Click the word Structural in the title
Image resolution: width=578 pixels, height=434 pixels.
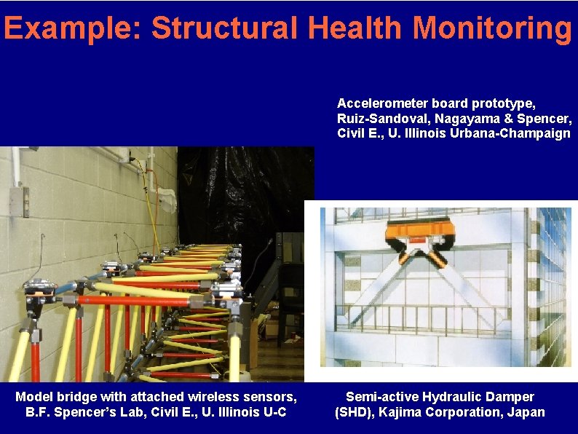tap(224, 28)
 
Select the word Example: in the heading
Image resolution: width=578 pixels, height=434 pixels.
tap(73, 28)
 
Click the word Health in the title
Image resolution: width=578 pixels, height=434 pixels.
tap(354, 28)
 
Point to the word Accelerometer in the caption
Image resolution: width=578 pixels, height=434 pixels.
tap(379, 104)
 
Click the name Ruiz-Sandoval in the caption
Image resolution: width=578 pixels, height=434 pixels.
tap(378, 119)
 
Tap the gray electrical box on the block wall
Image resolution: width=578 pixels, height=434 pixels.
tap(18, 201)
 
